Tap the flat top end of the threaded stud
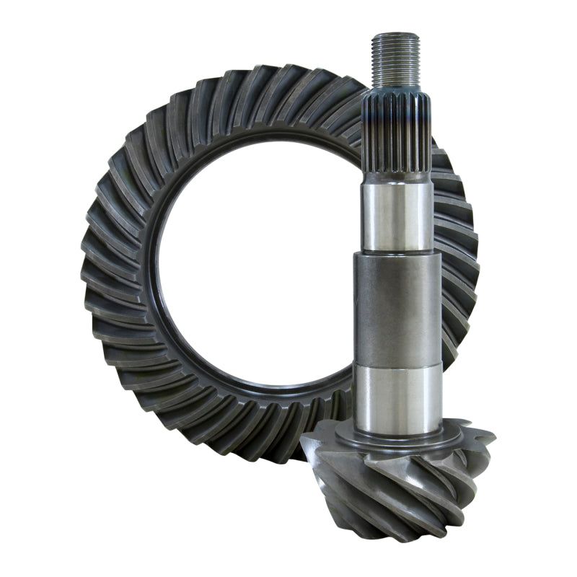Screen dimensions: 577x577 point(395,35)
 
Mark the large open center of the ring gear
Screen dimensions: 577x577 point(252,267)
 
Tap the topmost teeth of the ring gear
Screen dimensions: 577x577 point(267,79)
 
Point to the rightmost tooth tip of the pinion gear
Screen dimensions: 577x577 point(493,437)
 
